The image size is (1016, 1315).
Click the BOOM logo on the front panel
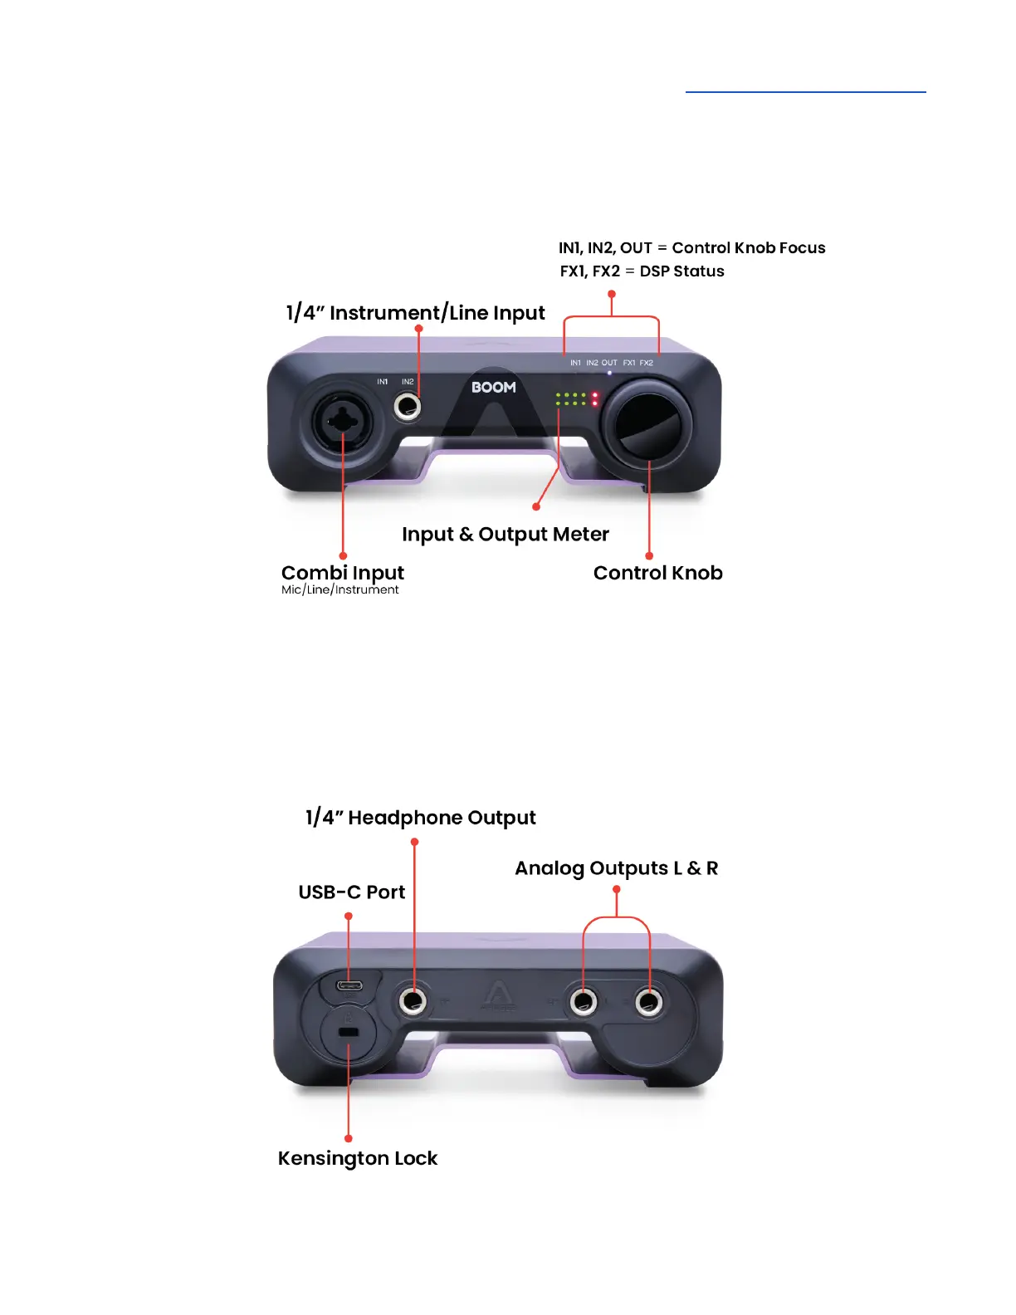point(494,388)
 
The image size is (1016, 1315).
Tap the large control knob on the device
point(647,423)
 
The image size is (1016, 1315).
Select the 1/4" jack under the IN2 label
point(408,407)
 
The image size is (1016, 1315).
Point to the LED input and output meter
point(577,399)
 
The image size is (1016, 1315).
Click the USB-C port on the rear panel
point(349,986)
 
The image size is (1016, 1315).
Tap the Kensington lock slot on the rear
point(349,1032)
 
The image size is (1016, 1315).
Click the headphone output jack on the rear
point(413,1000)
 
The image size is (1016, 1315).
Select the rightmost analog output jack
point(649,1002)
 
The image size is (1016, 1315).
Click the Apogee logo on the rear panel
point(498,995)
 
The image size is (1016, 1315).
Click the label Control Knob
point(657,573)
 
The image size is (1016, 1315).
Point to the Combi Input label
point(342,573)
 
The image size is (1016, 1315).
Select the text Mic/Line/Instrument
point(339,590)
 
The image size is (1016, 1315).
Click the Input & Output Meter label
point(505,535)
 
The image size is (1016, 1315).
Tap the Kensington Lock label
point(357,1158)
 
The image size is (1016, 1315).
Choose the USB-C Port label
point(351,892)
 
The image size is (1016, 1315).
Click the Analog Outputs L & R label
point(616,868)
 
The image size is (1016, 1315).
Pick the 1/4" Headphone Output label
point(420,818)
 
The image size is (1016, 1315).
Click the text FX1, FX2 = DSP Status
point(642,271)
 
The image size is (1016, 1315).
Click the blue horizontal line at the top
point(805,91)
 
